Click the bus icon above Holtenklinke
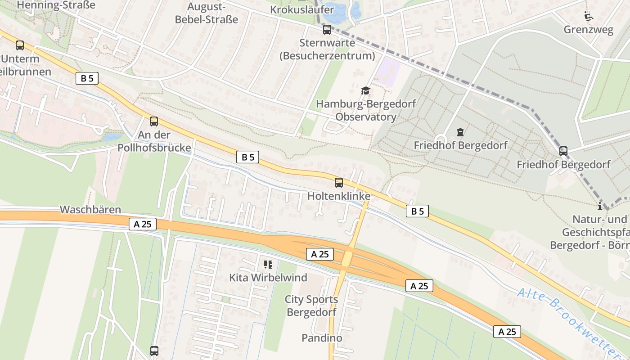[338, 183]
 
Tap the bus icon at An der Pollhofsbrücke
[154, 121]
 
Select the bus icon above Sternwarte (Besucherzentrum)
[327, 30]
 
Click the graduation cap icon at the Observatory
[365, 91]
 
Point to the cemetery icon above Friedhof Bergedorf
[460, 132]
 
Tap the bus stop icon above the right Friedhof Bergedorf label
[563, 151]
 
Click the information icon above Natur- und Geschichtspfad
[599, 207]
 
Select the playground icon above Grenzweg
[588, 17]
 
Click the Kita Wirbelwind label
[268, 278]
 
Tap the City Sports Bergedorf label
[311, 306]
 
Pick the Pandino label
[322, 337]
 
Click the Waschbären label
[90, 210]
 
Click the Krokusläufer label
[302, 9]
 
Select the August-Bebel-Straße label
[206, 13]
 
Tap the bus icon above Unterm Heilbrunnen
[20, 45]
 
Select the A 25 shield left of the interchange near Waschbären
[143, 224]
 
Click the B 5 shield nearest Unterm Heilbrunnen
[87, 78]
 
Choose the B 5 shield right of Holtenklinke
[417, 211]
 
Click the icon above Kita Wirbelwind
[268, 264]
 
